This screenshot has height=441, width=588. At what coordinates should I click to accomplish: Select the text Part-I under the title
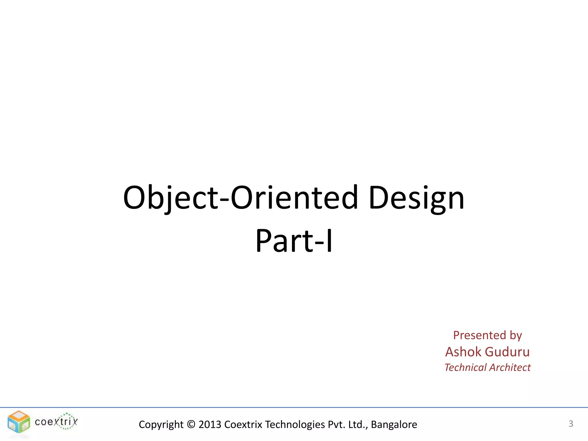[294, 241]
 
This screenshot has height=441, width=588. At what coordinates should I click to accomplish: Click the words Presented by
[487, 335]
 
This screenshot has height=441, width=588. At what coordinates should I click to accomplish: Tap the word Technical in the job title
[465, 367]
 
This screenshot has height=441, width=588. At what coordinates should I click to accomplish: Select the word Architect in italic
[510, 367]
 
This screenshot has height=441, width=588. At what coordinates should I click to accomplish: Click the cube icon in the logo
[19, 422]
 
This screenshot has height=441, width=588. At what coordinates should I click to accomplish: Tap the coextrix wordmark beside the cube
[56, 421]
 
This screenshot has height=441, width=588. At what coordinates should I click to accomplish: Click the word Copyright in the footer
[161, 424]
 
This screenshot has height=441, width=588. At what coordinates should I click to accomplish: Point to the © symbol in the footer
[191, 424]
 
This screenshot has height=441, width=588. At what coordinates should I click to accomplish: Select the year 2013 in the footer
[210, 424]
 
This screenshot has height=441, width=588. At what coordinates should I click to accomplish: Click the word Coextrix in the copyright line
[243, 424]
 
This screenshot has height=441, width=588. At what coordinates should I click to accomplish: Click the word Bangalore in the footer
[394, 424]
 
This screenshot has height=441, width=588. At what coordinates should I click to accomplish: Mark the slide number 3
[571, 424]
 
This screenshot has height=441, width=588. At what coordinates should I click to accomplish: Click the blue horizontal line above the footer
[294, 407]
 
